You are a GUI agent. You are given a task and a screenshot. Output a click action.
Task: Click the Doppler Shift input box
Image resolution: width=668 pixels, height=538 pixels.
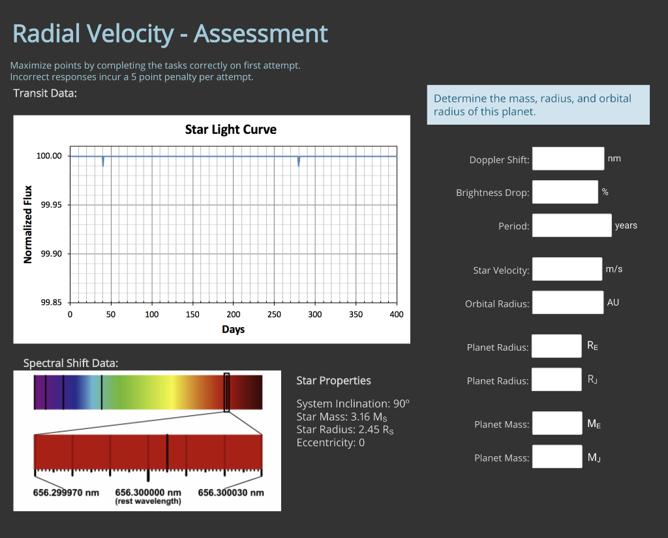[x=568, y=159]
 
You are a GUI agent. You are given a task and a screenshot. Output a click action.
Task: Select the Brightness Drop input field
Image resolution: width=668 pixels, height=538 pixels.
[x=565, y=192]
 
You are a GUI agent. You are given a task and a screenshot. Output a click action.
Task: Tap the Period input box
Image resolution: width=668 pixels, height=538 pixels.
[x=571, y=225]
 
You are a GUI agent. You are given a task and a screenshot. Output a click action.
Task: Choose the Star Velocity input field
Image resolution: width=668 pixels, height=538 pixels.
[x=567, y=269]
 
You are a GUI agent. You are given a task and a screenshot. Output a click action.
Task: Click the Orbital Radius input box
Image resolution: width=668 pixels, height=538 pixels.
[x=567, y=302]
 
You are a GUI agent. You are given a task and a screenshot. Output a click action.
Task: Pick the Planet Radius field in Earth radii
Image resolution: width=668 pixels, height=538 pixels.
[x=556, y=346]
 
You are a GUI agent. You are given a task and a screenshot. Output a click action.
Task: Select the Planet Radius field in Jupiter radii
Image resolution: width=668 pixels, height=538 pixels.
[x=556, y=379]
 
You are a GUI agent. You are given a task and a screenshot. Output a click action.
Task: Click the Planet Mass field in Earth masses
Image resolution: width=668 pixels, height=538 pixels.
[x=556, y=423]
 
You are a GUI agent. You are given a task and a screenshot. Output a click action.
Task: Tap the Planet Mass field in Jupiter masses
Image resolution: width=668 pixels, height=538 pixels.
[x=556, y=456]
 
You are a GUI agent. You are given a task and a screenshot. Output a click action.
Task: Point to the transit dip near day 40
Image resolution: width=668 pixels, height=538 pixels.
[x=103, y=162]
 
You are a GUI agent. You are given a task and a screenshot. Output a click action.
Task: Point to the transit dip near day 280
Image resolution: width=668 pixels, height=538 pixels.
[x=299, y=162]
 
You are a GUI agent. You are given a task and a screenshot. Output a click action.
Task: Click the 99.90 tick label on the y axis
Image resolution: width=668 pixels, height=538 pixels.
[x=51, y=253]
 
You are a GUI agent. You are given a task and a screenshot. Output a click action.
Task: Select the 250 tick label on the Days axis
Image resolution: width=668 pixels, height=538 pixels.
[x=274, y=315]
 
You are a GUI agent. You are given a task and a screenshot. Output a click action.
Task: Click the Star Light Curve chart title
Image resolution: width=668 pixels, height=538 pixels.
[x=231, y=129]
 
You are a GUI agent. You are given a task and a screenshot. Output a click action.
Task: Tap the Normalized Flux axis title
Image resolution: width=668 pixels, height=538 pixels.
[x=28, y=224]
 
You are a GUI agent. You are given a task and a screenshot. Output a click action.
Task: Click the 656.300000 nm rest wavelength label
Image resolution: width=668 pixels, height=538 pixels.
[x=148, y=492]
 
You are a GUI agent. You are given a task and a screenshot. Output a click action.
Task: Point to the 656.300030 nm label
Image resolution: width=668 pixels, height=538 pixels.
[x=231, y=492]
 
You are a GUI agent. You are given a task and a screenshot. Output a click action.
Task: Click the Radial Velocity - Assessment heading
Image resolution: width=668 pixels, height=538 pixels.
[x=170, y=33]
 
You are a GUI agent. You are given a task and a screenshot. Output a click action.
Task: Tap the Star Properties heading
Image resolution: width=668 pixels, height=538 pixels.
[x=333, y=381]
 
